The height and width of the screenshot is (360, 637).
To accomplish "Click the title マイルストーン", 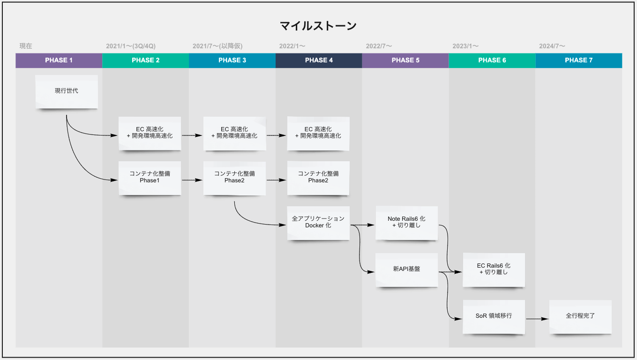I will point(318,26).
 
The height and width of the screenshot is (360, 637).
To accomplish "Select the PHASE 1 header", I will point(59,60).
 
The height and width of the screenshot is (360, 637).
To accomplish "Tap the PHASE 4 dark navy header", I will point(319,60).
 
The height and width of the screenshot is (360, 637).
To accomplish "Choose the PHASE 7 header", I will point(578,60).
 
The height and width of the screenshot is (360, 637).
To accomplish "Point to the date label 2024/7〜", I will point(552,46).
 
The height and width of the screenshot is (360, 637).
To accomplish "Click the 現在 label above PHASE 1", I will point(26,46).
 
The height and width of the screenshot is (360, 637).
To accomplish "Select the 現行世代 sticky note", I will point(67,91).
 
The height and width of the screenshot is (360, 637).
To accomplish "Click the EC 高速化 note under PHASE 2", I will point(150,133).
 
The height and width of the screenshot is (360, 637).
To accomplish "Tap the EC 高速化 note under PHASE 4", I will point(318,133).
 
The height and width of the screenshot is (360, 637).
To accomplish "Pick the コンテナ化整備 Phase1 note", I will point(150,178).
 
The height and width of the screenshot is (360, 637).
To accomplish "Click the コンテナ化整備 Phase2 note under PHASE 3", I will point(234,178).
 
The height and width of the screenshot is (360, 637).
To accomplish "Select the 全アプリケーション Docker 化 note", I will point(318,222).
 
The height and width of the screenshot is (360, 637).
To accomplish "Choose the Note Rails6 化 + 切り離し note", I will point(406,222).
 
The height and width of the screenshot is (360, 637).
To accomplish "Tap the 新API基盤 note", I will point(406,270).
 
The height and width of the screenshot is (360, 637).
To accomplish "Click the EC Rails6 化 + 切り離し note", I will point(494,270).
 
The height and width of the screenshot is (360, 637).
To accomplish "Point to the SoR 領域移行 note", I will point(494,316).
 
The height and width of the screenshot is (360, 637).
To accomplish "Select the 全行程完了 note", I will point(580,316).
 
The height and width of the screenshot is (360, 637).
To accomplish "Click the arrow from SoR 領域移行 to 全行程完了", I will point(537,319).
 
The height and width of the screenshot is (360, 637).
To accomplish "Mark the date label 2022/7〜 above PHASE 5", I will point(379,46).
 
